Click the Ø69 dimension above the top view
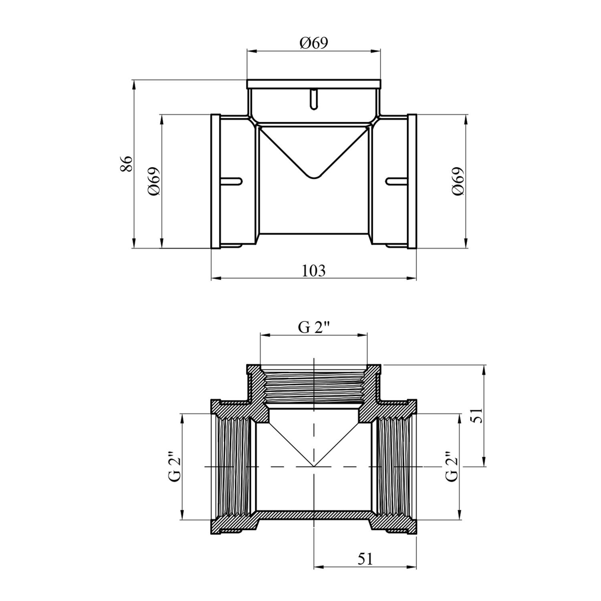click(x=314, y=42)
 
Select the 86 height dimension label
click(x=127, y=163)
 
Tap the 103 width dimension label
click(x=314, y=271)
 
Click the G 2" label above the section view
click(x=314, y=327)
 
